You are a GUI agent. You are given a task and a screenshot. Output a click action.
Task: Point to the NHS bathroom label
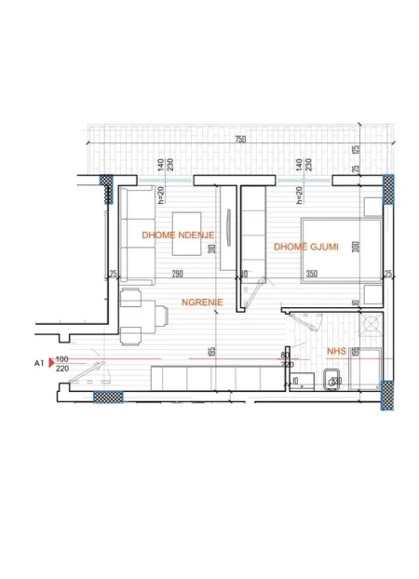pos(337,352)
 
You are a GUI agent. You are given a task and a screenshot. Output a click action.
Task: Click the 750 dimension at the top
pos(240,139)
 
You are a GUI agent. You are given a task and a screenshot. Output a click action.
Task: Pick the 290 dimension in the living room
pos(176,274)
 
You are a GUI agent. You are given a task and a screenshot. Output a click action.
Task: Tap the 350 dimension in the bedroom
pos(311,274)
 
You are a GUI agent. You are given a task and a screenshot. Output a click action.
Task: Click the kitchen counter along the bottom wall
pos(215,378)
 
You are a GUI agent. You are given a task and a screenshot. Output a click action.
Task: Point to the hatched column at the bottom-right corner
pos(387,397)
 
